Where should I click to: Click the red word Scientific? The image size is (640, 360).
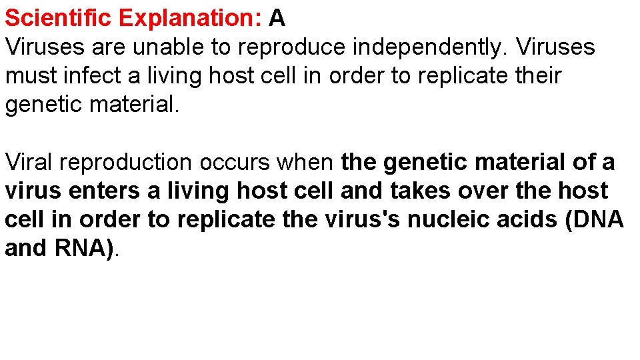coord(59,18)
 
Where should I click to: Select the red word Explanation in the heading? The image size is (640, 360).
coord(190,18)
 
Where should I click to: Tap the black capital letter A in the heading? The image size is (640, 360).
coord(277,18)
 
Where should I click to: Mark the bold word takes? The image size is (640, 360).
coord(417,191)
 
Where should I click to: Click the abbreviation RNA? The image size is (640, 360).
coord(85,248)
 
